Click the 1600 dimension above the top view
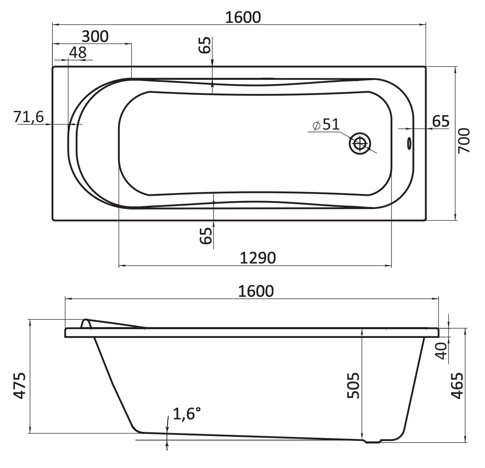coord(243,17)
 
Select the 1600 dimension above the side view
coord(256,291)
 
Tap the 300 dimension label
coord(95,37)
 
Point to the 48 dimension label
coord(78,53)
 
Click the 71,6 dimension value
coord(29,117)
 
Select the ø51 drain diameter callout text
coord(326,124)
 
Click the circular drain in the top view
coord(360,143)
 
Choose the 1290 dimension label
coord(257,258)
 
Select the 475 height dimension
coord(20,386)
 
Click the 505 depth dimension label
coord(353,386)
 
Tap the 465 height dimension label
coord(457,386)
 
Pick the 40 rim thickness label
coord(442,351)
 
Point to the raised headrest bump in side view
coord(86,323)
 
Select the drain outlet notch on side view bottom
coord(373,442)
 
